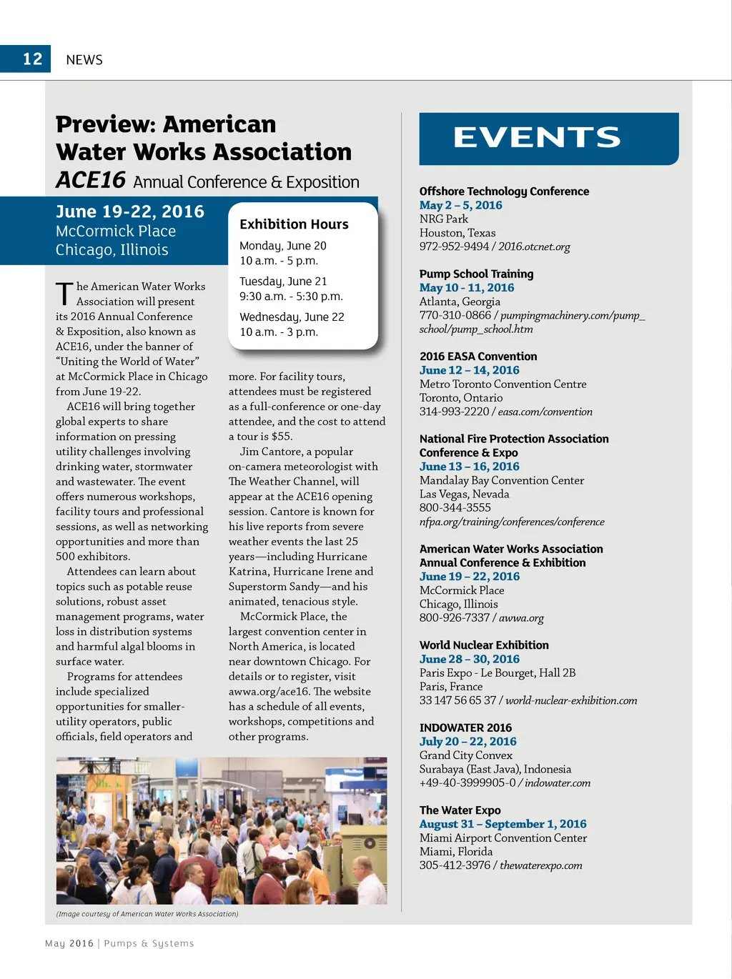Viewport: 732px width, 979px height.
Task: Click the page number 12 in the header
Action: pyautogui.click(x=33, y=59)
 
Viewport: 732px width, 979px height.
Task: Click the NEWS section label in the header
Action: pyautogui.click(x=84, y=60)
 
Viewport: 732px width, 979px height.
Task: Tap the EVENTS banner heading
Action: pyautogui.click(x=537, y=138)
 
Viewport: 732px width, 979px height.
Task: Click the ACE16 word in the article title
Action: pyautogui.click(x=91, y=180)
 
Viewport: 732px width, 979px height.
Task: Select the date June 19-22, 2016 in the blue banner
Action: pyautogui.click(x=130, y=212)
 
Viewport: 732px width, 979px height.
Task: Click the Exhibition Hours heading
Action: pyautogui.click(x=294, y=224)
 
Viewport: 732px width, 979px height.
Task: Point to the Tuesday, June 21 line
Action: pyautogui.click(x=283, y=282)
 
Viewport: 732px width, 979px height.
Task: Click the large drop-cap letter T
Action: pyautogui.click(x=64, y=293)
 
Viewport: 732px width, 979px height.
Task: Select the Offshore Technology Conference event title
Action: pyautogui.click(x=504, y=192)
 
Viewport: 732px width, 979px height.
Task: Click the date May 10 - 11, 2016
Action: pyautogui.click(x=467, y=288)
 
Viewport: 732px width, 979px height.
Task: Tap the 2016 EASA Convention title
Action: pyautogui.click(x=478, y=357)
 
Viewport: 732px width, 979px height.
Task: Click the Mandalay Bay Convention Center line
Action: pyautogui.click(x=502, y=480)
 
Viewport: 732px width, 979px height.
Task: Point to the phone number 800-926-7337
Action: pyautogui.click(x=455, y=618)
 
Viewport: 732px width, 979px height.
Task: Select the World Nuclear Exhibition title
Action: pyautogui.click(x=484, y=645)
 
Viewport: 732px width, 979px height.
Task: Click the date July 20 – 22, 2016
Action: pyautogui.click(x=468, y=742)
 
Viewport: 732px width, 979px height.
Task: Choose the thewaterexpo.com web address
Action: pyautogui.click(x=541, y=865)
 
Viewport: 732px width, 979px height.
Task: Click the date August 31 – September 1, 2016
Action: pyautogui.click(x=503, y=824)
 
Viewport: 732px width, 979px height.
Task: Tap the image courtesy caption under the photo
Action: pyautogui.click(x=147, y=914)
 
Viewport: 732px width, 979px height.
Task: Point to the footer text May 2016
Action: pyautogui.click(x=69, y=943)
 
